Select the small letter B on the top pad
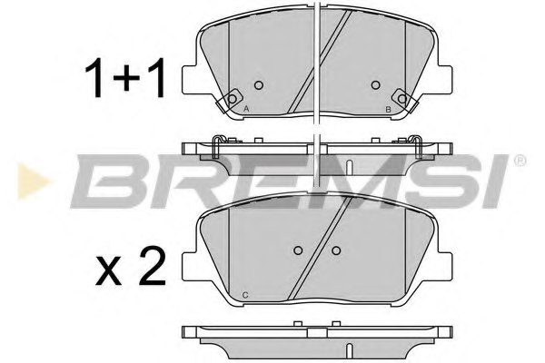tap(388, 111)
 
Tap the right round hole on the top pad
tap(376, 86)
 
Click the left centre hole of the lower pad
tap(299, 251)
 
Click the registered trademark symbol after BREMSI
tap(520, 161)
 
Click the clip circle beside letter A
tap(233, 98)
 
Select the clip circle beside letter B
tap(401, 98)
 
